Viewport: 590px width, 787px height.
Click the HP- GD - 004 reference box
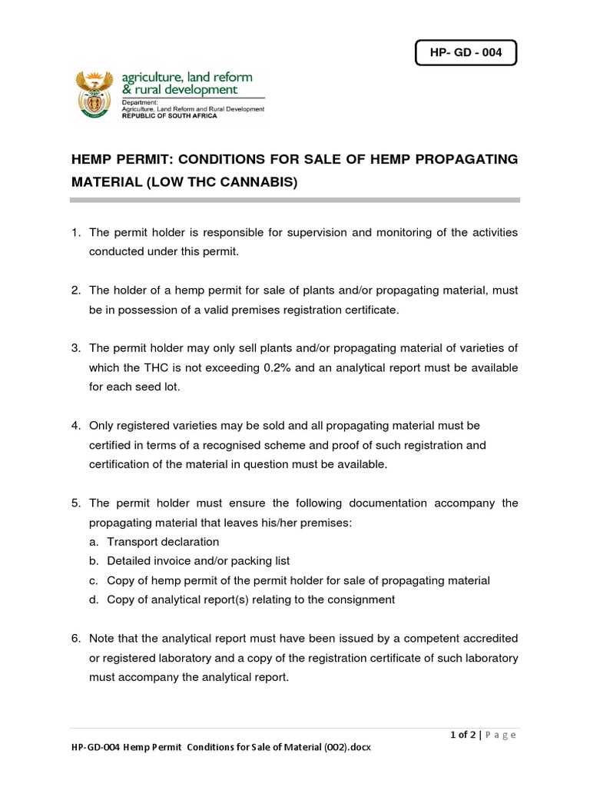[465, 54]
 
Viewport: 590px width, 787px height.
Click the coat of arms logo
[95, 95]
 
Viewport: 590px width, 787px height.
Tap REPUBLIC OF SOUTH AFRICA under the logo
[169, 116]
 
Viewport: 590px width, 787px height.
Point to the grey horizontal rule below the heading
[295, 200]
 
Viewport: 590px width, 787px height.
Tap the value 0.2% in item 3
[277, 367]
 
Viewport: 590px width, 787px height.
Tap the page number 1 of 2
[463, 735]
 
